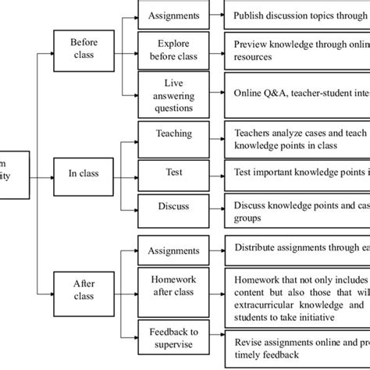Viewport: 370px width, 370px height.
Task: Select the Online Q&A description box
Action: coord(297,93)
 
